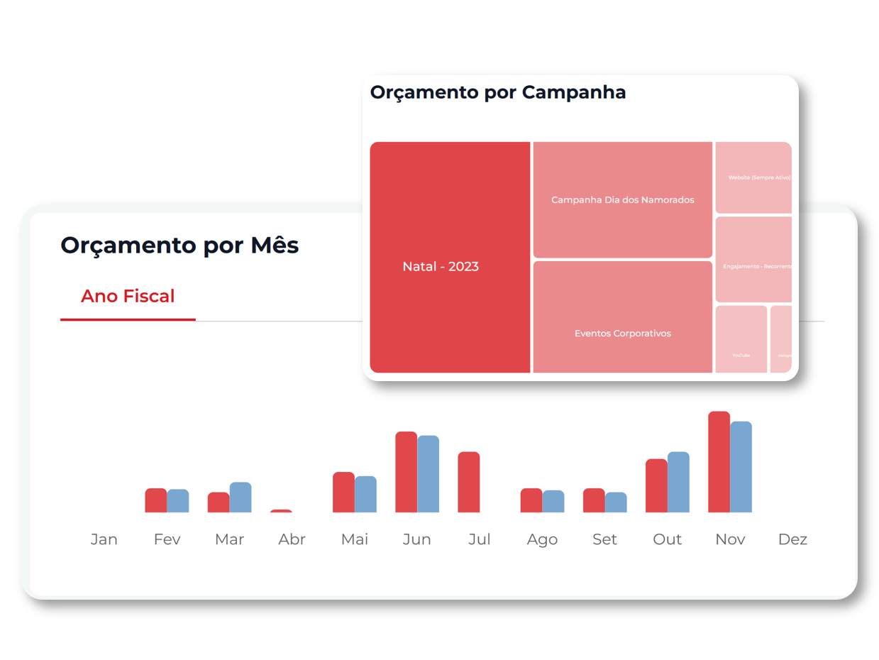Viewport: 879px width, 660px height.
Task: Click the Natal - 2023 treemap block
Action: pos(450,257)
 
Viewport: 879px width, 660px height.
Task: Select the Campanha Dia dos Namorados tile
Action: pos(622,200)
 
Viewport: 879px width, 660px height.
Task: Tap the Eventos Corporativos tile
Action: pos(622,317)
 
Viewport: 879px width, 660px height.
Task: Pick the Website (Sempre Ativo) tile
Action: pos(753,177)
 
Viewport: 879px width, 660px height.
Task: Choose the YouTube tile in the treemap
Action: pos(741,339)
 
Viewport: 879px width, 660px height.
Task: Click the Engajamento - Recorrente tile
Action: pos(753,260)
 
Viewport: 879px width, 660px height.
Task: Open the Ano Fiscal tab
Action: pos(128,297)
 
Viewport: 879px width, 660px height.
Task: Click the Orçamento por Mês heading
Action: pos(179,245)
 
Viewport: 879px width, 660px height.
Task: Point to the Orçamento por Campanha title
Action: pos(497,92)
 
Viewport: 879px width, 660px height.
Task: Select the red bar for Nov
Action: pos(719,462)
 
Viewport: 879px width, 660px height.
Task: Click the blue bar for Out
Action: pos(678,482)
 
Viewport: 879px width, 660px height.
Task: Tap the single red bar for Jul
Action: pos(469,482)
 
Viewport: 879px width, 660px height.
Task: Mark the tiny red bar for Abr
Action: pos(281,510)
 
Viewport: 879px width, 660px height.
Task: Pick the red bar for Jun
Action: pos(407,472)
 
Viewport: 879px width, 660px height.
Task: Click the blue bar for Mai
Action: pos(365,494)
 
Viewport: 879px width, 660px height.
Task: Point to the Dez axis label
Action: pos(792,539)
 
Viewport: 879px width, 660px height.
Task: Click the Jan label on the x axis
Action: pos(104,539)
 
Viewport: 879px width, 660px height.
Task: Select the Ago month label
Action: pos(542,539)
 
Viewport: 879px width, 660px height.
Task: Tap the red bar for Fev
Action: pos(156,500)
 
